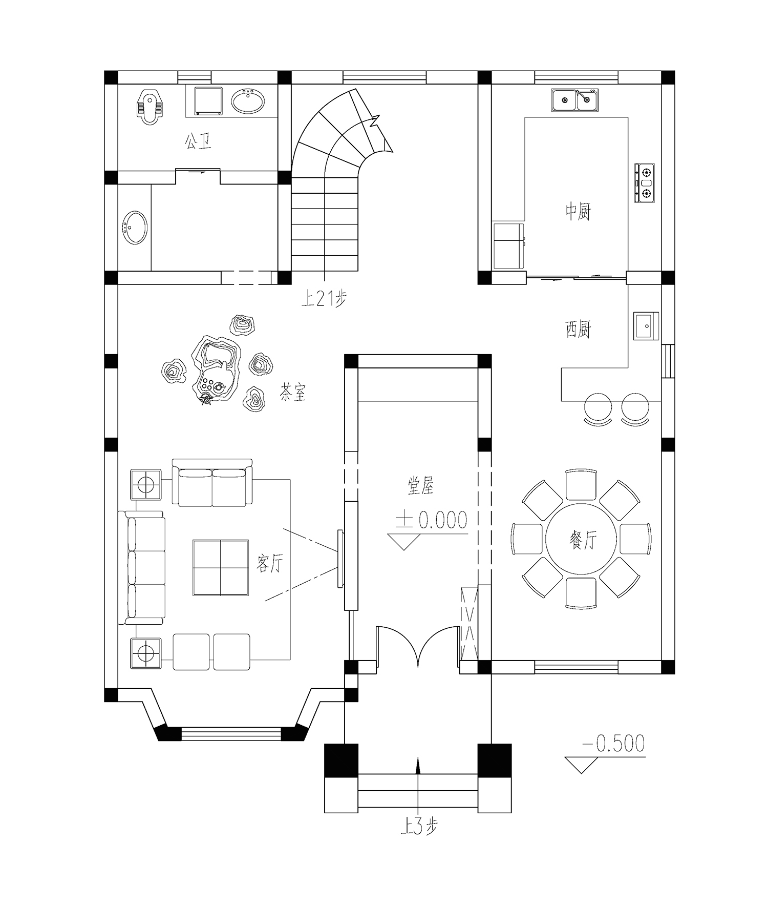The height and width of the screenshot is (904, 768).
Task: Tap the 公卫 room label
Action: (198, 141)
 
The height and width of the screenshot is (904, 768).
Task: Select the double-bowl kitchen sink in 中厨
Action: (574, 100)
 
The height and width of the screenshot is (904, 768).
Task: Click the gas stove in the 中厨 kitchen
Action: (645, 183)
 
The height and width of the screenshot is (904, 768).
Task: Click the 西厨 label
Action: (578, 330)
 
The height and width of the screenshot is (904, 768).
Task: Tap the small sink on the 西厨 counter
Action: (646, 326)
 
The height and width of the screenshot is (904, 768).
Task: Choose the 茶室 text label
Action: (292, 393)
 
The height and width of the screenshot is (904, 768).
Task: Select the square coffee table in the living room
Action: (221, 567)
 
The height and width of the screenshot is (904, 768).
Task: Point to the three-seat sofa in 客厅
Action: (142, 567)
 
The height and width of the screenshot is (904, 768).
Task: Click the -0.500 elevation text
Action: (613, 744)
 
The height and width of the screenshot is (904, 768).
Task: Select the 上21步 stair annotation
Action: (324, 298)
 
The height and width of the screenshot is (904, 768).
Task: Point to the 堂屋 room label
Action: (421, 485)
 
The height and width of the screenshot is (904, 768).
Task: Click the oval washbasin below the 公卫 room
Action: (135, 228)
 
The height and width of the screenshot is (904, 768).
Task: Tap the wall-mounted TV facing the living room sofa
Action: (340, 559)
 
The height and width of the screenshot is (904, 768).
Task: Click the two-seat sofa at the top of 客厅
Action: (212, 483)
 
